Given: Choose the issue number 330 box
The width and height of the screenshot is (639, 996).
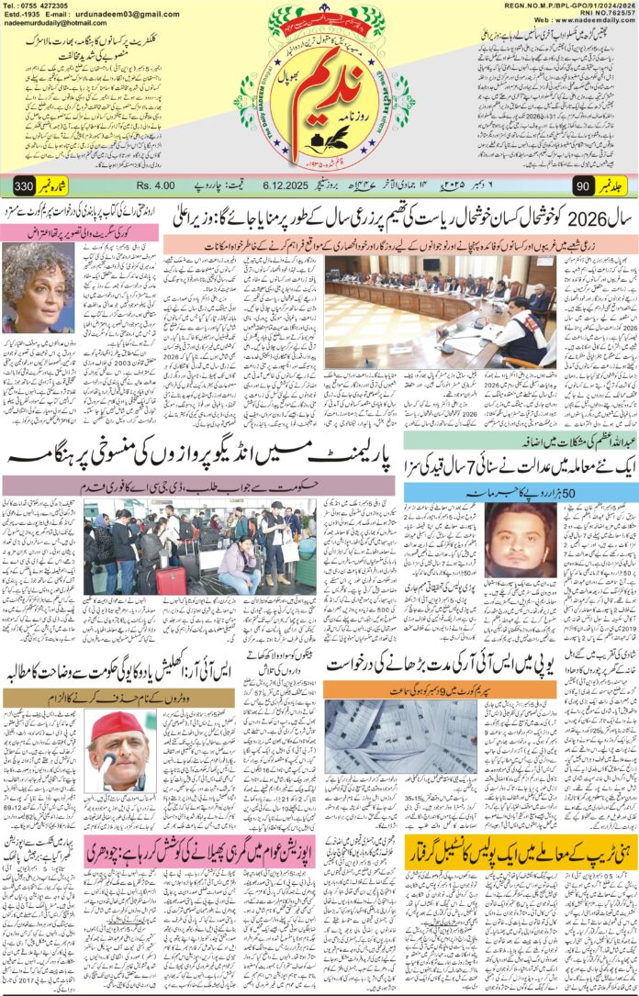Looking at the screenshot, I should click(25, 187).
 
